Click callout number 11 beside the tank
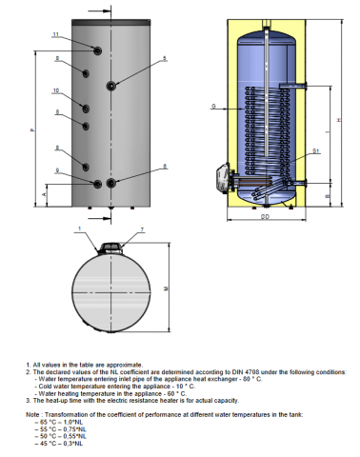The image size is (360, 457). pos(55,35)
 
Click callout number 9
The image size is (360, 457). pos(56,169)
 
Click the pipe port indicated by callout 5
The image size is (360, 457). pos(113,86)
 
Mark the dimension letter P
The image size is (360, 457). pos(32,131)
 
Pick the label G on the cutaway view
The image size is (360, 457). pos(214,105)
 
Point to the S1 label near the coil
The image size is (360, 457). pos(313,153)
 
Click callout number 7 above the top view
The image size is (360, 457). pos(141,231)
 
